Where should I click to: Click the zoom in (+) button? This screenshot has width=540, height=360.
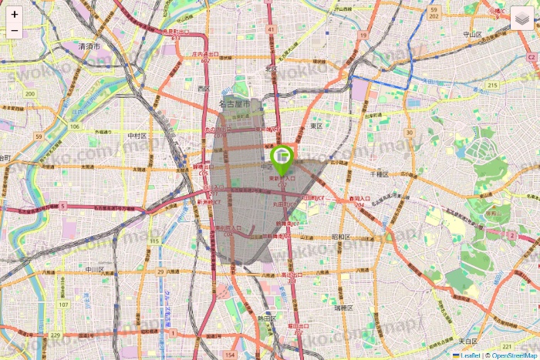pyautogui.click(x=15, y=14)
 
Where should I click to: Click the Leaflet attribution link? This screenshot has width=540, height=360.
pyautogui.click(x=470, y=355)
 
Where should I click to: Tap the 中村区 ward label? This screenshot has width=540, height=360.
pyautogui.click(x=137, y=135)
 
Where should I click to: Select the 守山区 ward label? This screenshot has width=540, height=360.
pyautogui.click(x=472, y=35)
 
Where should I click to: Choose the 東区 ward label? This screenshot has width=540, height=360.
pyautogui.click(x=316, y=125)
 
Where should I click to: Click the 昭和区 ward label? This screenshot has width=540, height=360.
pyautogui.click(x=342, y=237)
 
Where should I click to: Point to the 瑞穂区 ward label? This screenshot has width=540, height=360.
pyautogui.click(x=343, y=307)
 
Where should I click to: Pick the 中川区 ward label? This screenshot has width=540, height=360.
pyautogui.click(x=95, y=269)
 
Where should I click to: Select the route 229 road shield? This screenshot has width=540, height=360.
pyautogui.click(x=55, y=335)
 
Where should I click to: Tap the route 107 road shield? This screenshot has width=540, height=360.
pyautogui.click(x=63, y=304)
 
